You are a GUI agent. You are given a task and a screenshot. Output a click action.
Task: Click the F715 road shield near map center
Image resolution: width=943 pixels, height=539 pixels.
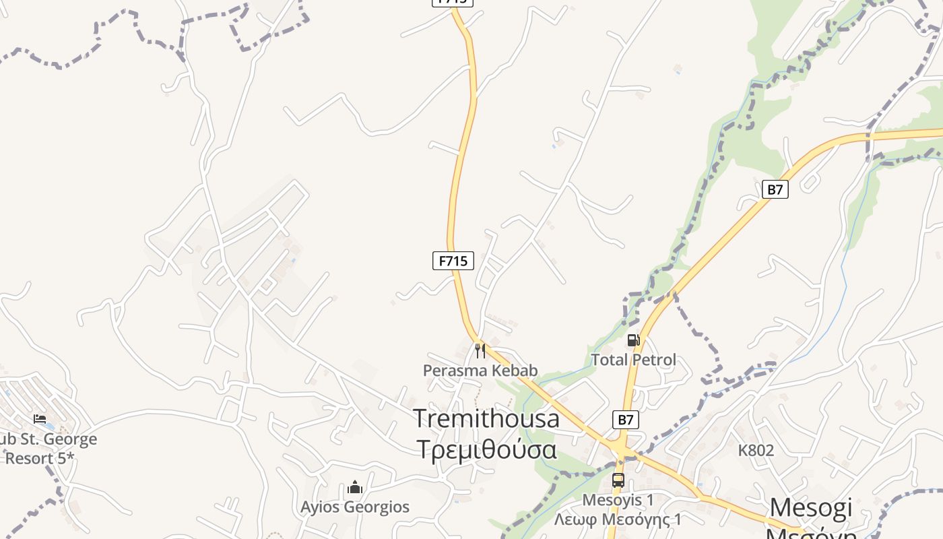click(x=453, y=261)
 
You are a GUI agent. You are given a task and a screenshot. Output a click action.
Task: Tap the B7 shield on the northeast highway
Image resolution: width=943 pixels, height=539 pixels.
click(x=775, y=189)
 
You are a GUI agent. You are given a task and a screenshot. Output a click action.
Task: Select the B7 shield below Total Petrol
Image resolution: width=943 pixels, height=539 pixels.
click(x=626, y=420)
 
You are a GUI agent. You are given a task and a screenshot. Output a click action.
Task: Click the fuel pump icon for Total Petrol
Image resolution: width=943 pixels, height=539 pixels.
click(x=633, y=340)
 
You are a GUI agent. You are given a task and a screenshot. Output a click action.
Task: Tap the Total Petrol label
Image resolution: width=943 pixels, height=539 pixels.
click(x=633, y=360)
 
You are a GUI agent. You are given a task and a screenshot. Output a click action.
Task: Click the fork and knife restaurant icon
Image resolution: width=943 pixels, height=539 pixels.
click(x=480, y=350)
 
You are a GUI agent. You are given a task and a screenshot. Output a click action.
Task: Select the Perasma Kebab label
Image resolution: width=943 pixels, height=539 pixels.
click(x=480, y=370)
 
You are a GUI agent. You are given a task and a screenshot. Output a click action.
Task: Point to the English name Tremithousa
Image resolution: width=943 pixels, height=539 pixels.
click(x=486, y=418)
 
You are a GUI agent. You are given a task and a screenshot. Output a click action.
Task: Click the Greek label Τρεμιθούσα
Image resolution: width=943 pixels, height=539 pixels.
click(x=487, y=449)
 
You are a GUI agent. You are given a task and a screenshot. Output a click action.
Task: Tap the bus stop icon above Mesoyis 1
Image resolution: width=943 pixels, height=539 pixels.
click(x=618, y=480)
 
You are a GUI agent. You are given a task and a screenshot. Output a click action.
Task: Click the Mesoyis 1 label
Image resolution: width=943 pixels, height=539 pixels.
click(x=618, y=500)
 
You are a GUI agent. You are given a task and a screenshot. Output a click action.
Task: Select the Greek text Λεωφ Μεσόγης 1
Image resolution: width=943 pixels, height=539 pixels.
click(x=618, y=519)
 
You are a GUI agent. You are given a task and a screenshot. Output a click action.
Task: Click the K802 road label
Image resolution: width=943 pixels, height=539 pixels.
click(x=756, y=450)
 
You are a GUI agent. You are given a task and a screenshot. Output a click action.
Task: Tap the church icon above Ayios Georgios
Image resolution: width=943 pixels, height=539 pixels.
click(x=355, y=487)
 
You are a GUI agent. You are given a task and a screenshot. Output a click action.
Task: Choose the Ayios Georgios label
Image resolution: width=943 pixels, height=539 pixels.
click(x=355, y=507)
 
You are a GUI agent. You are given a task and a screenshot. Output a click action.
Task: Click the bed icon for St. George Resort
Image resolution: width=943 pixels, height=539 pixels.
click(x=40, y=419)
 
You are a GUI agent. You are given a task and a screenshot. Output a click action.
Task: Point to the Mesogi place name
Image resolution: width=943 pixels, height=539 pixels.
click(x=811, y=507)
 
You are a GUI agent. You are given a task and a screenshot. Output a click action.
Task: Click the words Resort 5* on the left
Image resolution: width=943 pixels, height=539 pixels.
click(x=39, y=458)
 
